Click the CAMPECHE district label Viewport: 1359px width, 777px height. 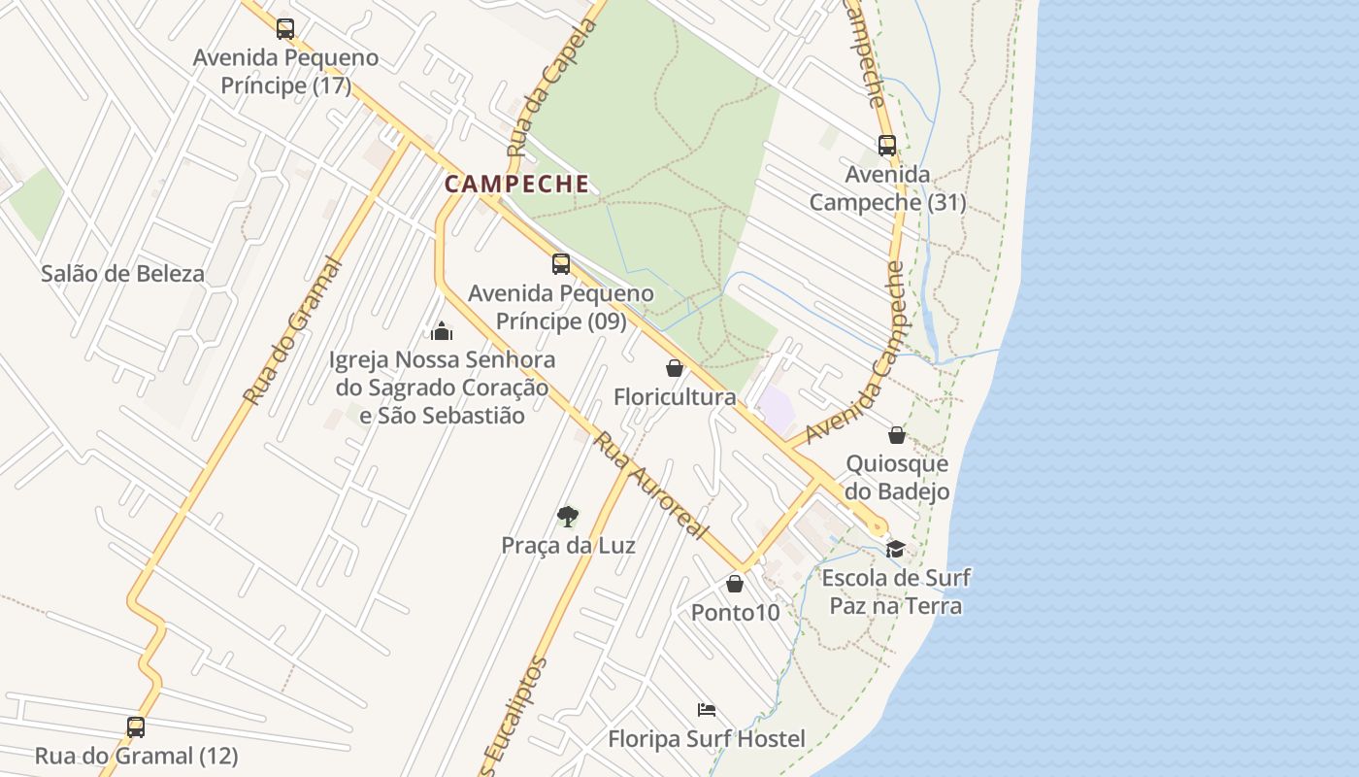[x=516, y=184]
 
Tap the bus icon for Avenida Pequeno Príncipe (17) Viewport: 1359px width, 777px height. [x=284, y=29]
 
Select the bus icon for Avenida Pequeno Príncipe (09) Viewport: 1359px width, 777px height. [x=561, y=264]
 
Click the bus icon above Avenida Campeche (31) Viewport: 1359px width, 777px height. [x=887, y=146]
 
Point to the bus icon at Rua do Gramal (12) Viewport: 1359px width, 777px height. [x=136, y=726]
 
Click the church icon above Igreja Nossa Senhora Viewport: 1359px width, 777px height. [x=442, y=331]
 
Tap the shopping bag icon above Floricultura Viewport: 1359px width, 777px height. [x=675, y=368]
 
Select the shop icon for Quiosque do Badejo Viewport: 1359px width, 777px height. [x=897, y=435]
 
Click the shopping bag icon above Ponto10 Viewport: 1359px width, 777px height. [x=735, y=584]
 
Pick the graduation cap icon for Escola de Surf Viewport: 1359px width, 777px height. [x=895, y=550]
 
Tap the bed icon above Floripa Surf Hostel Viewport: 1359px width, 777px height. [x=707, y=710]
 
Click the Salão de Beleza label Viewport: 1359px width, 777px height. [x=123, y=274]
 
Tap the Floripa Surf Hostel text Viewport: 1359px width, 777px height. [x=707, y=739]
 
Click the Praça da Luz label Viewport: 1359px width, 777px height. [x=568, y=546]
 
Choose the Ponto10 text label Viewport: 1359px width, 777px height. [x=735, y=613]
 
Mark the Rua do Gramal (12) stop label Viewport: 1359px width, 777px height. [x=136, y=756]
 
